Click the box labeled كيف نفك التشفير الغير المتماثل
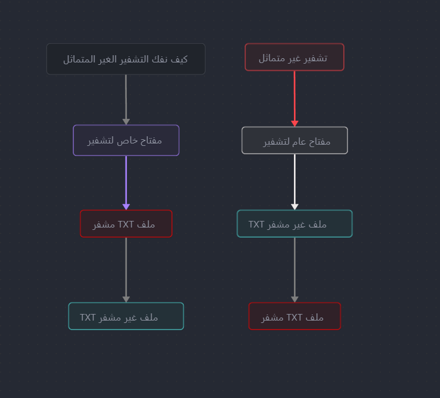126,59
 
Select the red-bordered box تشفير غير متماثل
295,57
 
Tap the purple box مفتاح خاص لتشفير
126,140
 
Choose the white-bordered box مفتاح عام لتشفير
295,140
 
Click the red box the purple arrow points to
126,224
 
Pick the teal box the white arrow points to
295,224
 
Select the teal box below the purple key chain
126,316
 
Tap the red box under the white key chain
295,316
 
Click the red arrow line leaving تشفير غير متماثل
295,96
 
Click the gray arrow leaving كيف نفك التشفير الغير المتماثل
126,100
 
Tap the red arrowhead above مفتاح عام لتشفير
295,124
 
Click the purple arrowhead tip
126,210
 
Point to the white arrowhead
295,207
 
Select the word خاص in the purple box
127,140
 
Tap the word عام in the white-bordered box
299,142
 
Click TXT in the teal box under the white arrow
256,225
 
